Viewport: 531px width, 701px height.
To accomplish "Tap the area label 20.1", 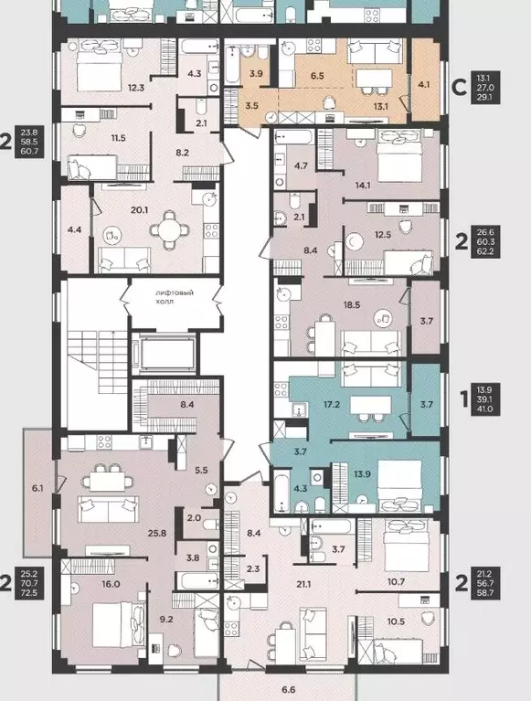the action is coord(140,209).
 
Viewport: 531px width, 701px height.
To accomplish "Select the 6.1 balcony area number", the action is coord(37,488).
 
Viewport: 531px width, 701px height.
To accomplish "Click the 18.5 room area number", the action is coord(352,305).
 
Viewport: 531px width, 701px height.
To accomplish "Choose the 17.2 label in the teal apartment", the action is coord(332,404).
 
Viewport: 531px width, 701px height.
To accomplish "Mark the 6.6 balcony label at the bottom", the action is coord(289,690).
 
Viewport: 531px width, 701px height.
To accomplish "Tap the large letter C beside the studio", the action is coord(460,87).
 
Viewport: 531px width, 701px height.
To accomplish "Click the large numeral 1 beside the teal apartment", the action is coord(464,399).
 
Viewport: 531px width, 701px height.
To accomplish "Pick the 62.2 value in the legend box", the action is coord(485,251).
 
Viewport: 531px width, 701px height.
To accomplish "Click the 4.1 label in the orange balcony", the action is coord(424,83).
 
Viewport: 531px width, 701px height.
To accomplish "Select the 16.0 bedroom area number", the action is coord(111,584).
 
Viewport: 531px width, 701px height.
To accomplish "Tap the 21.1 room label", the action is coord(303,584).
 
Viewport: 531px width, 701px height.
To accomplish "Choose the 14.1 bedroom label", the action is coord(363,186).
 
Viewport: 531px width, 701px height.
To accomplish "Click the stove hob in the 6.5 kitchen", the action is coord(314,46).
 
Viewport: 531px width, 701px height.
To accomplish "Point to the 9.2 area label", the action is coord(166,620).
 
